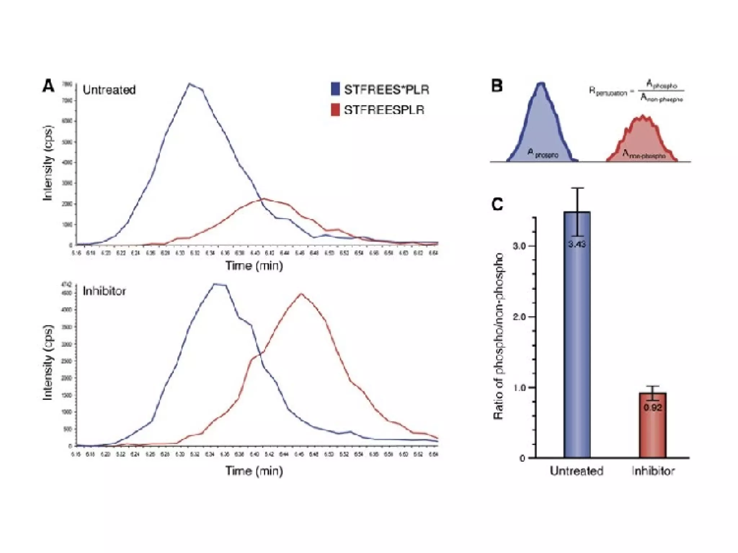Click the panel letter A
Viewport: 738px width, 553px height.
click(x=48, y=86)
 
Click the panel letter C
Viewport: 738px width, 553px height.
click(x=497, y=204)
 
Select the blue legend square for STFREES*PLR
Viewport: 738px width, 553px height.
click(x=335, y=89)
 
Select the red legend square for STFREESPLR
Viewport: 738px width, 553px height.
click(x=335, y=110)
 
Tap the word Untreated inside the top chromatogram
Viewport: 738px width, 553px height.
click(x=109, y=90)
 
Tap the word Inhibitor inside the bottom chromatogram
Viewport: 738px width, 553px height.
click(x=104, y=291)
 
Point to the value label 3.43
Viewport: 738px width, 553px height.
click(x=577, y=244)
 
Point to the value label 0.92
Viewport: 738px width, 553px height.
click(x=653, y=408)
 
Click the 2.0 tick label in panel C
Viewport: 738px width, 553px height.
click(x=519, y=317)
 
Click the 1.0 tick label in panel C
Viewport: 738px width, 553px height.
click(x=519, y=388)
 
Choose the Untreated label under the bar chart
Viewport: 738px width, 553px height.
click(x=576, y=471)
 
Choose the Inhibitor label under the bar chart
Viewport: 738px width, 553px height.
click(x=653, y=471)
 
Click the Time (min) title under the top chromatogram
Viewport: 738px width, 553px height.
click(x=254, y=266)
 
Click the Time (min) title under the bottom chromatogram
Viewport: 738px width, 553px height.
click(x=254, y=471)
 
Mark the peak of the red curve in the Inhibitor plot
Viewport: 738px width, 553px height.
click(x=301, y=294)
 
